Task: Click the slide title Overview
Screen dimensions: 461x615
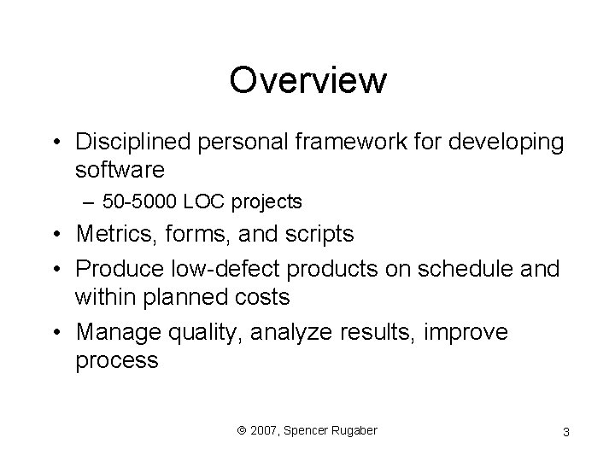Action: coord(307,81)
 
